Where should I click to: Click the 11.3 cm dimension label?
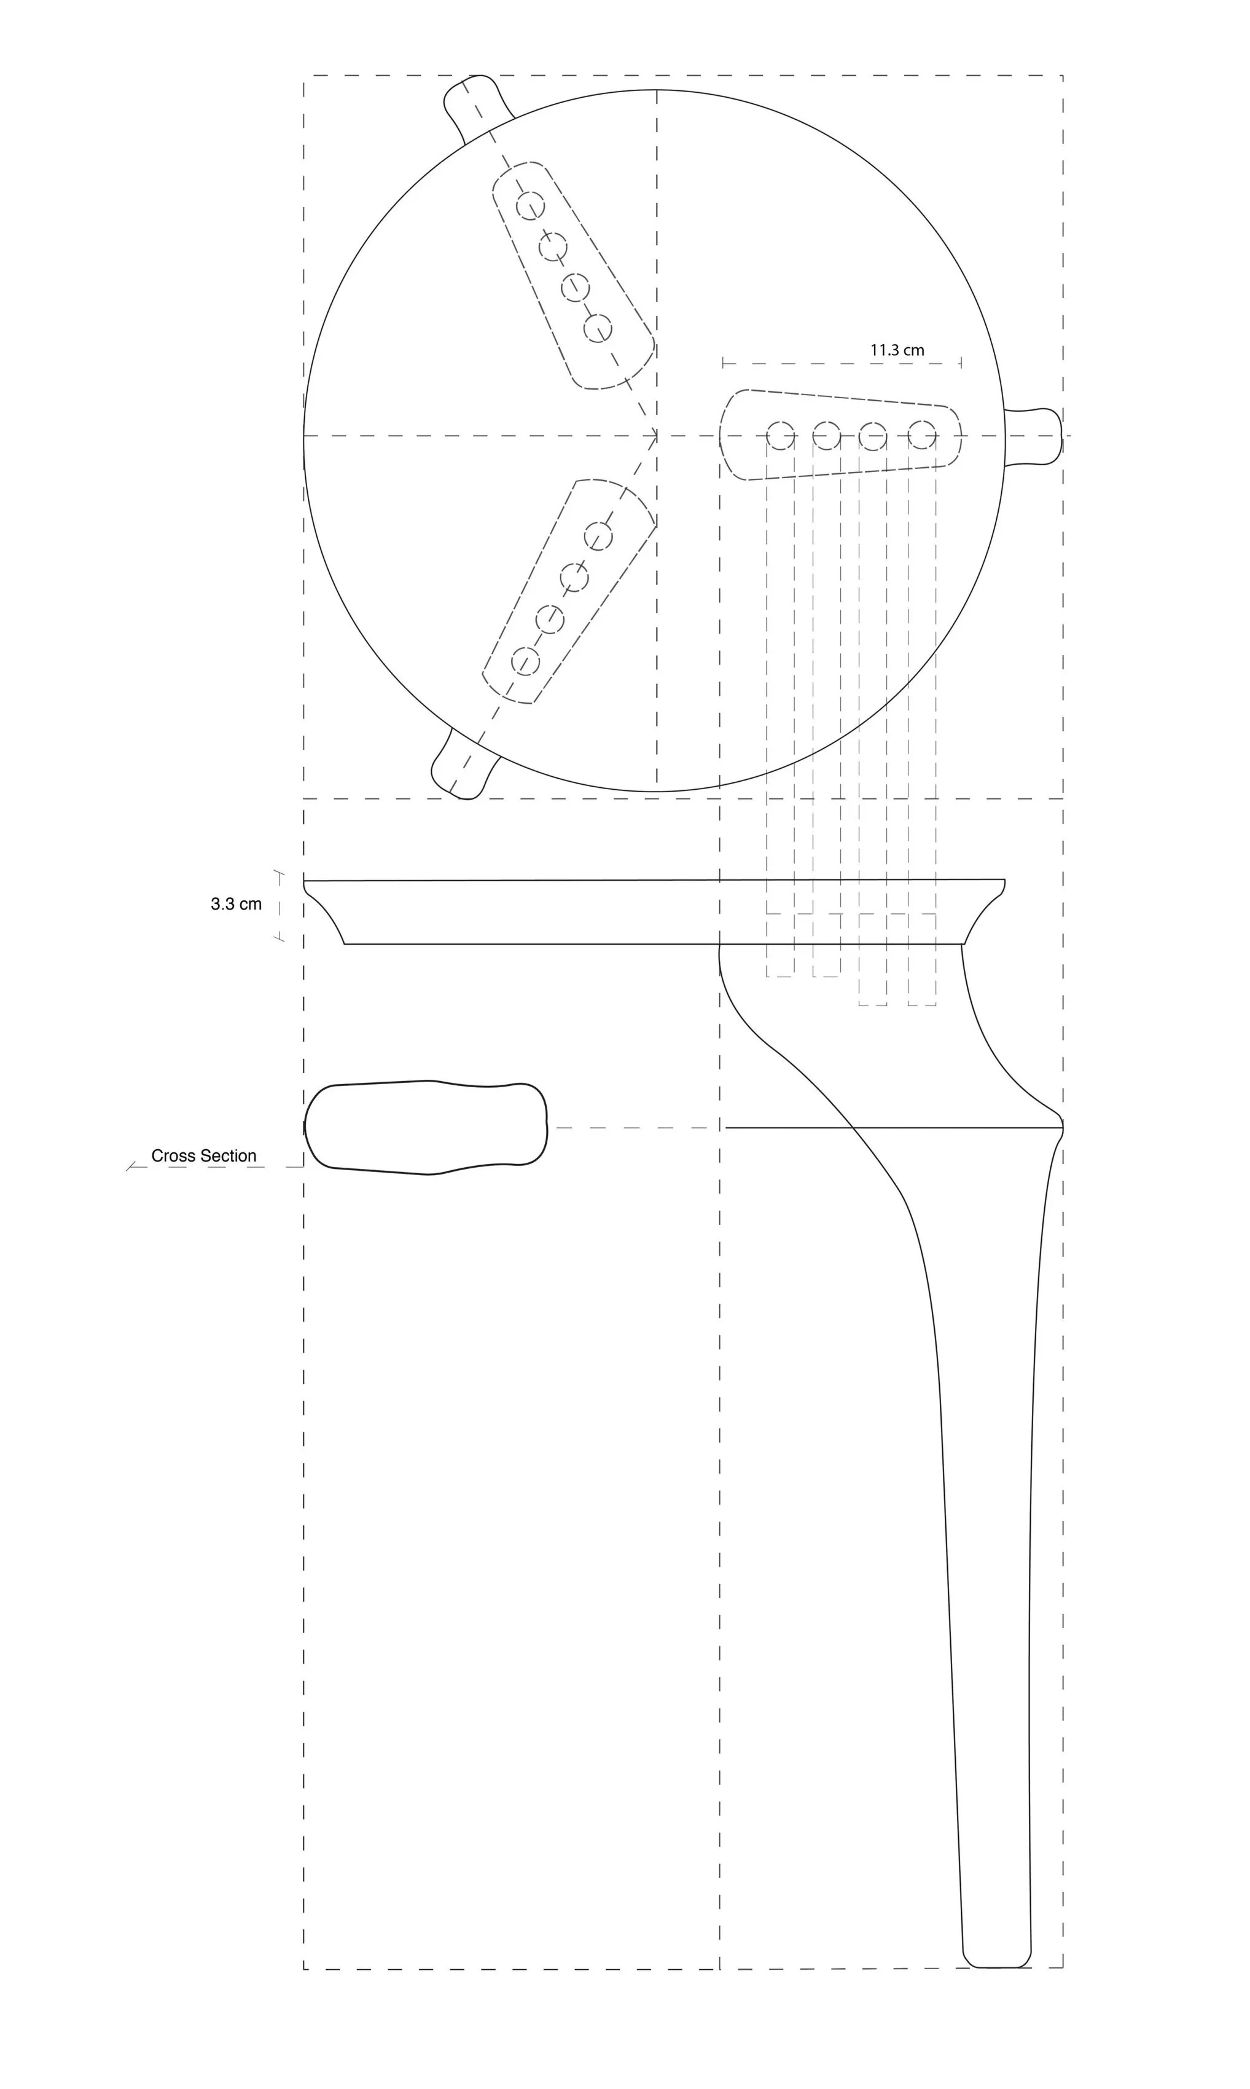pos(897,350)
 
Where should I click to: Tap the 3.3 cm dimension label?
pos(236,904)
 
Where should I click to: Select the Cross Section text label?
pos(204,1155)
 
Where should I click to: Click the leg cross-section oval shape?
pos(426,1127)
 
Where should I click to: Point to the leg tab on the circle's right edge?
pos(1034,436)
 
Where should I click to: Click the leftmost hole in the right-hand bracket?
pos(781,436)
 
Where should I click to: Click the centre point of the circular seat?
pos(656,436)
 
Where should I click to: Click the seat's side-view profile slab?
pos(654,912)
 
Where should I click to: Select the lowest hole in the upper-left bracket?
pos(598,328)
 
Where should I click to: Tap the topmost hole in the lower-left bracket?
pos(598,536)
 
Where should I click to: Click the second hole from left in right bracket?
pos(826,436)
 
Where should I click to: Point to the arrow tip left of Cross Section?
pos(129,1168)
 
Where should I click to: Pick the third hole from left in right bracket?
pos(873,436)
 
